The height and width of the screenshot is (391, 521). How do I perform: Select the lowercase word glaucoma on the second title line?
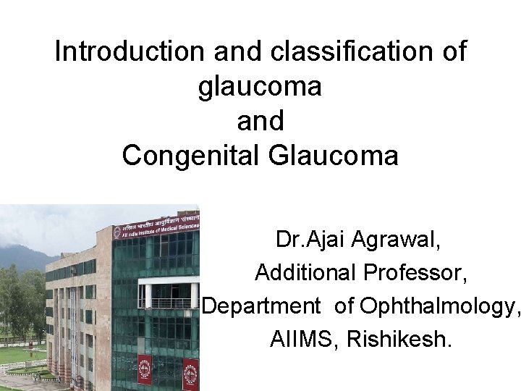tap(260, 86)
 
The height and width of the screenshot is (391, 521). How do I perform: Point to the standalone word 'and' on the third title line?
tap(260, 120)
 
